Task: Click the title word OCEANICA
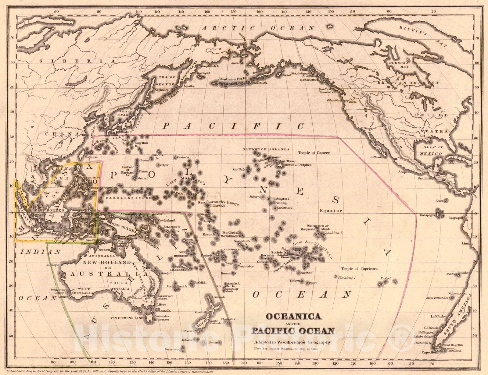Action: (x=294, y=317)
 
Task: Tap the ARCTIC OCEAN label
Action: (x=259, y=28)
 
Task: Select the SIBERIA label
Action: (x=77, y=61)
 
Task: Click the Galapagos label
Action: (x=429, y=215)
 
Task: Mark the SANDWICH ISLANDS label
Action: (x=266, y=149)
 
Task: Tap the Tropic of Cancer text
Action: (x=314, y=153)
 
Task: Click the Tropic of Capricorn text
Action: (x=359, y=269)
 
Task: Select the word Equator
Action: (x=331, y=210)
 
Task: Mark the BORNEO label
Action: (x=55, y=210)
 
